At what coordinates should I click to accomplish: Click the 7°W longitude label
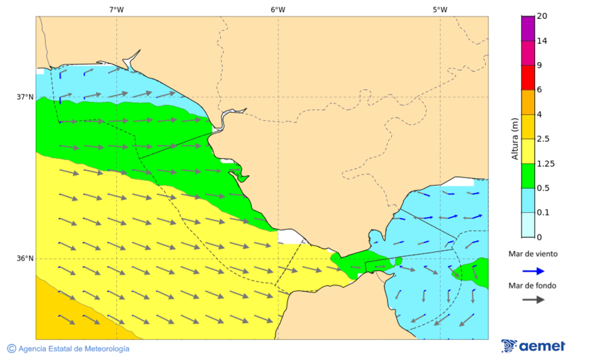pos(116,9)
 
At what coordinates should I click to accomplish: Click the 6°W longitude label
pos(278,9)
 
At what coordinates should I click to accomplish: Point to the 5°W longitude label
pos(440,9)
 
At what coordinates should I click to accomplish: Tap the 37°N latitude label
pos(25,97)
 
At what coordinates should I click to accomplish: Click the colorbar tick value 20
pos(542,16)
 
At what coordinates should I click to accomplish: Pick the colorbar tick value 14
pos(542,41)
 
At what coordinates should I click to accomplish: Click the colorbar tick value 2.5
pos(542,139)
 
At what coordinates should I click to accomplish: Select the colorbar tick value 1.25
pos(544,163)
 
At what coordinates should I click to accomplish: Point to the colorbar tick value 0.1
pos(542,213)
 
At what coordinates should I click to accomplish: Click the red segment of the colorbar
pos(528,78)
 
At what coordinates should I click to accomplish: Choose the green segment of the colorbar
pos(528,176)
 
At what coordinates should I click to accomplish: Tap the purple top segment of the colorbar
pos(528,28)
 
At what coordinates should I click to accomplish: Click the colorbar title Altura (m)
pos(515,138)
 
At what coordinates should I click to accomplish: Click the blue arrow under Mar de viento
pos(534,271)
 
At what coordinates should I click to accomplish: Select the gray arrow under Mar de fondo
pos(534,299)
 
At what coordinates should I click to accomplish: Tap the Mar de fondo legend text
pos(533,286)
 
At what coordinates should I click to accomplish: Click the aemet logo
pos(533,346)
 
